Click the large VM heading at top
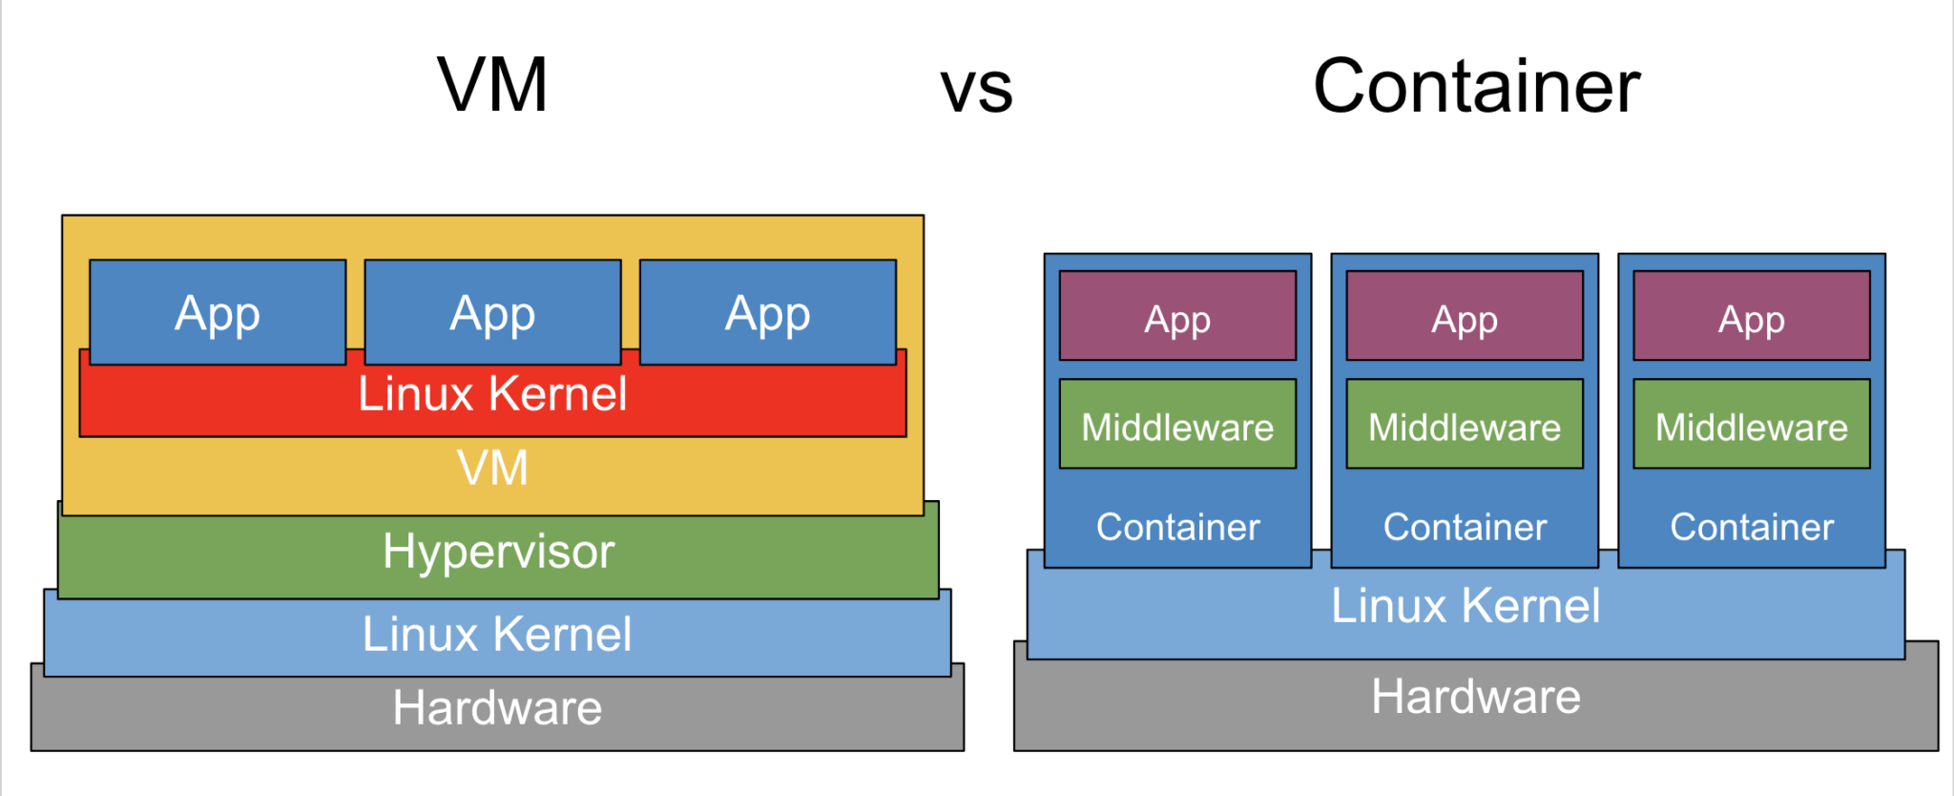point(492,86)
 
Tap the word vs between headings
point(975,90)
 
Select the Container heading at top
point(1476,87)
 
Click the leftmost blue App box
point(218,313)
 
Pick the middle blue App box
point(492,313)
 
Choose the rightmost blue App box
point(767,313)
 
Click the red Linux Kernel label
point(492,394)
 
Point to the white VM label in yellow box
point(492,468)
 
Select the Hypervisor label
point(498,552)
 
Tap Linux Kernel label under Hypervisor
point(496,635)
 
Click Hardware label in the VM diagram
point(497,708)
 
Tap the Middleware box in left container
point(1177,426)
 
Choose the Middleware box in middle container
point(1465,426)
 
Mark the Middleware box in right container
point(1752,426)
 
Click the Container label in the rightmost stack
point(1752,527)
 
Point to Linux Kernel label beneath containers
point(1465,606)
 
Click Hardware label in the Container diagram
point(1475,697)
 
